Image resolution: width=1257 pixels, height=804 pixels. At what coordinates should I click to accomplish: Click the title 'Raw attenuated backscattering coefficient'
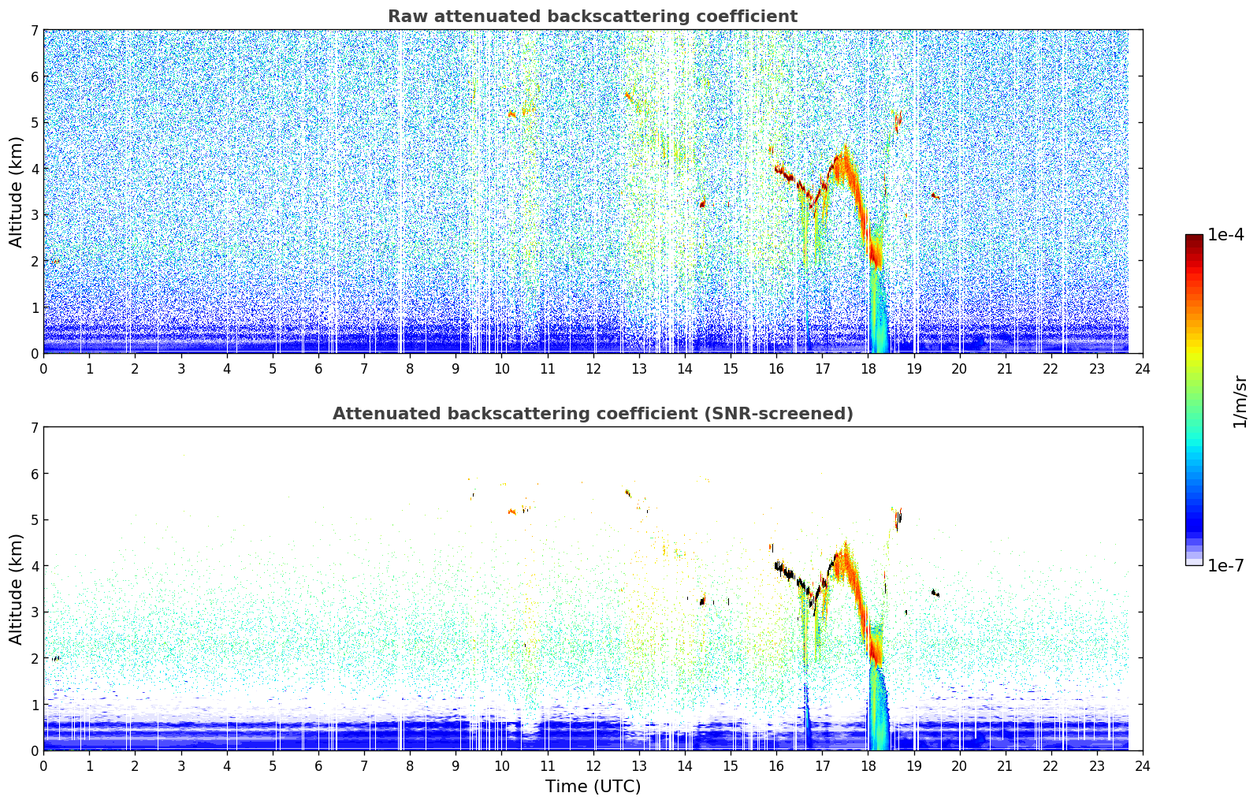(593, 17)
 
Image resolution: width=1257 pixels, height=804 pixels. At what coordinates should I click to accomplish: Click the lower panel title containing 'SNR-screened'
(593, 414)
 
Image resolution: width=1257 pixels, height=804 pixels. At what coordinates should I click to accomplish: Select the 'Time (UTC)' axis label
(593, 787)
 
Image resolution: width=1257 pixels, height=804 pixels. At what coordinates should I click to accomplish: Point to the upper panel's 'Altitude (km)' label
(16, 192)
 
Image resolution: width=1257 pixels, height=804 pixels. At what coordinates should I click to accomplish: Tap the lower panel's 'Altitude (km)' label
(16, 589)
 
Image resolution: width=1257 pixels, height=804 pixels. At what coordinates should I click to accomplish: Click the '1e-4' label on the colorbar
(1225, 235)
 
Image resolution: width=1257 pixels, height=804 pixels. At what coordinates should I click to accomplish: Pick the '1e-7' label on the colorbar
(1225, 565)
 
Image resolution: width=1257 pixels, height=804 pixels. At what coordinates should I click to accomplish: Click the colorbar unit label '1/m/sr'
(1240, 403)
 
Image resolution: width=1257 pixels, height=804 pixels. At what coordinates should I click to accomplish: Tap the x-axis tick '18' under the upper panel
(868, 369)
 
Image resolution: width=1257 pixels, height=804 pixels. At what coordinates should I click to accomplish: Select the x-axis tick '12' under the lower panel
(593, 766)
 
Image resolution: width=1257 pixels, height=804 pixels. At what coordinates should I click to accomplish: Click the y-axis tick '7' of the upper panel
(34, 30)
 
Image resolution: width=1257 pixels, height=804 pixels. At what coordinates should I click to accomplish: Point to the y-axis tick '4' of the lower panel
(34, 566)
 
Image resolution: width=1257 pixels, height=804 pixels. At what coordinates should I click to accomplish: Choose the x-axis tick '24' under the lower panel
(1143, 766)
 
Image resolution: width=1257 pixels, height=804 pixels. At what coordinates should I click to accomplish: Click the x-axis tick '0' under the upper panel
(44, 369)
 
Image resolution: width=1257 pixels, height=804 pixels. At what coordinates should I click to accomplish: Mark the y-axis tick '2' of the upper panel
(34, 261)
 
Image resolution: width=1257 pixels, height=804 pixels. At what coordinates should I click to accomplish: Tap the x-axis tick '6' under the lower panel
(318, 766)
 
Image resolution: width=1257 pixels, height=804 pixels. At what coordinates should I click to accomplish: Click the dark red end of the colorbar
(1194, 238)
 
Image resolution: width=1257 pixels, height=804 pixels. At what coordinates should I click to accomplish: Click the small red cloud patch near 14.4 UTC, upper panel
(702, 204)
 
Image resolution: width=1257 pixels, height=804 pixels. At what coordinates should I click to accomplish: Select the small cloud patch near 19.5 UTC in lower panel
(935, 593)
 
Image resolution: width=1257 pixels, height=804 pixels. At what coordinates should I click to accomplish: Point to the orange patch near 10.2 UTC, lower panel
(511, 512)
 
